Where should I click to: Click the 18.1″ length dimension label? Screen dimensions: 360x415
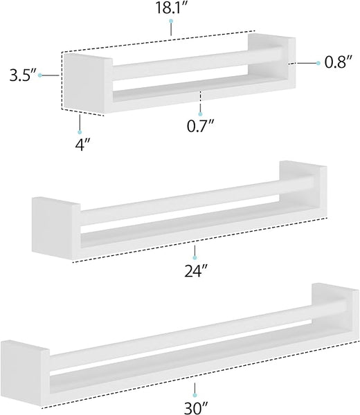click(171, 8)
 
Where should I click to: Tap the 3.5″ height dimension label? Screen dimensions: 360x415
click(22, 75)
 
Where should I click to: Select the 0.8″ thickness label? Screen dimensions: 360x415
click(339, 62)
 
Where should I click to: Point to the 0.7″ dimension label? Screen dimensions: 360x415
click(200, 126)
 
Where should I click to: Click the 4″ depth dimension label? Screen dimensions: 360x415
click(83, 145)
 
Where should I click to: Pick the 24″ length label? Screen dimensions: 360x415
click(195, 270)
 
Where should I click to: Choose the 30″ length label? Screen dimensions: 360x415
click(196, 408)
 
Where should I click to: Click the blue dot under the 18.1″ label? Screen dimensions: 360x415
click(171, 21)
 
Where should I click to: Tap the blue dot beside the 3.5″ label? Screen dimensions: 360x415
click(40, 75)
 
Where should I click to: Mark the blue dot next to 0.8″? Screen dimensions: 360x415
click(318, 63)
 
